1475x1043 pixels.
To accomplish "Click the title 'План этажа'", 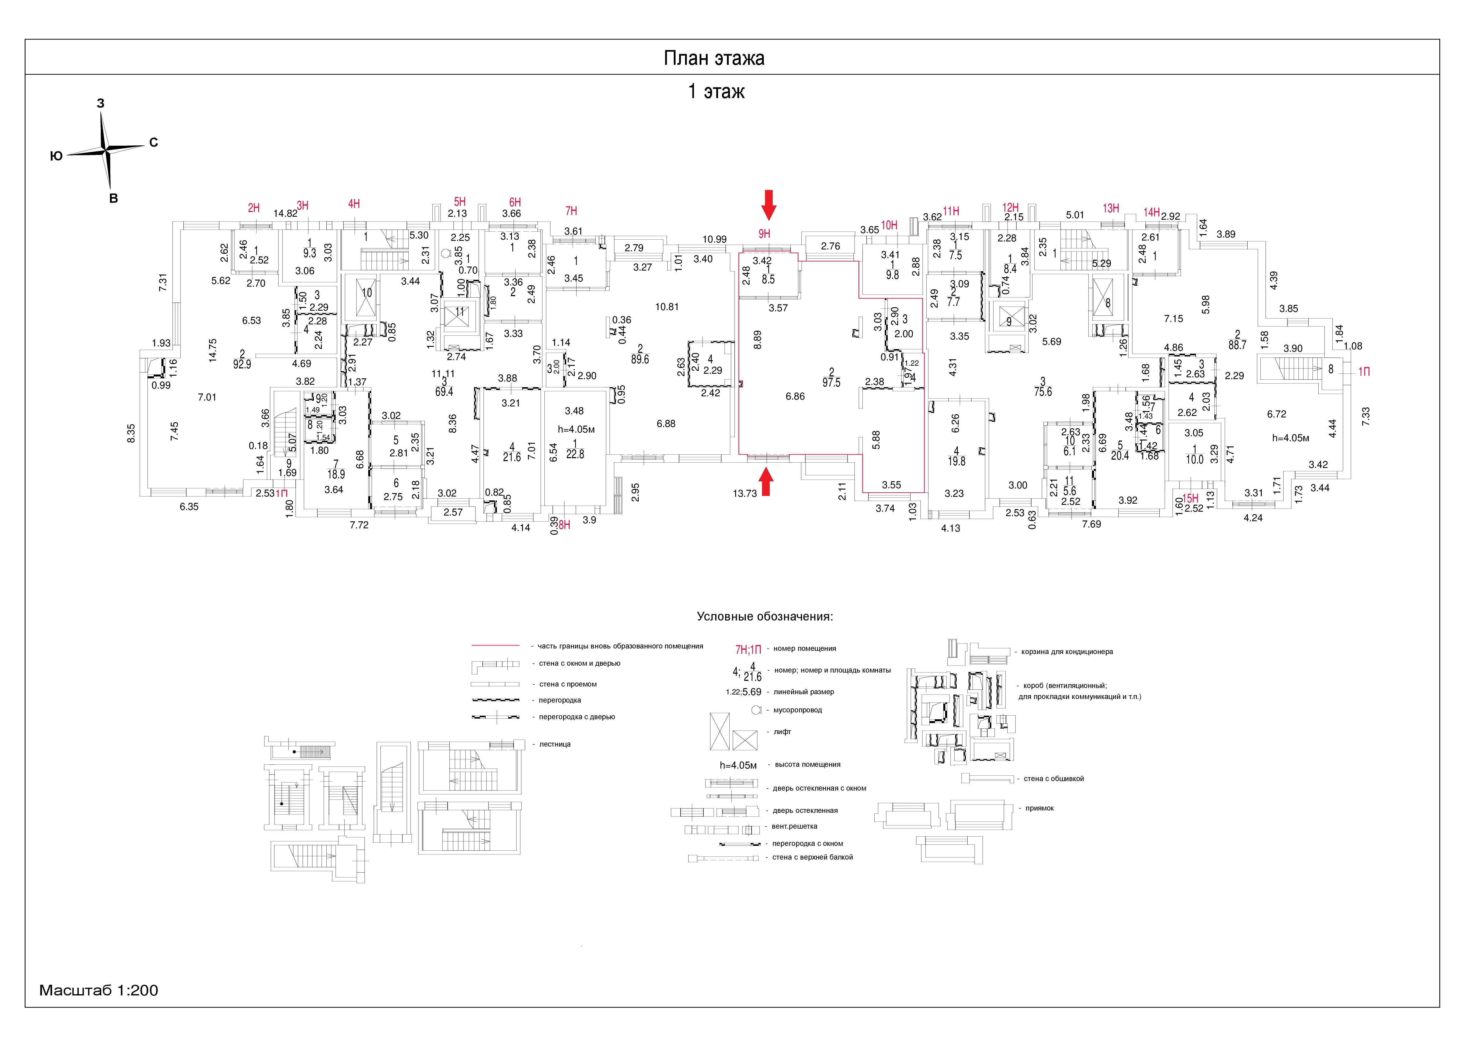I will [714, 59].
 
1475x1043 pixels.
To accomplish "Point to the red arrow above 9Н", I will [768, 204].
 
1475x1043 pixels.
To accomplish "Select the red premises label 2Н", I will [254, 208].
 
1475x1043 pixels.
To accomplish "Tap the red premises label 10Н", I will [889, 225].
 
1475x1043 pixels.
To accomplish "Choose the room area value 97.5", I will [831, 382].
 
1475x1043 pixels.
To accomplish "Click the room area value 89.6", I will [640, 359].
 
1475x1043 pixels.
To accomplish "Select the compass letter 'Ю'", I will [56, 155].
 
